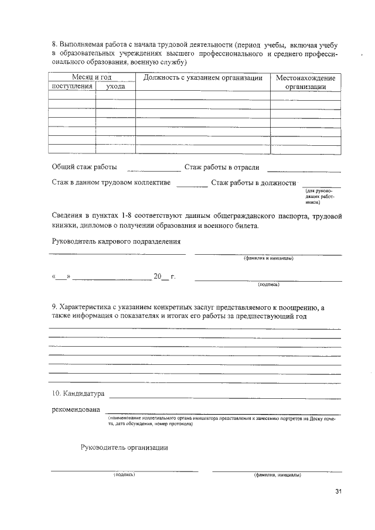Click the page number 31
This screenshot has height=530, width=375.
pyautogui.click(x=337, y=491)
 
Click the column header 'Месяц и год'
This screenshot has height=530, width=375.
pyautogui.click(x=91, y=77)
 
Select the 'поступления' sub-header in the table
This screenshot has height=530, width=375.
pyautogui.click(x=73, y=86)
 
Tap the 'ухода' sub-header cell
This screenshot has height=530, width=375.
pyautogui.click(x=115, y=86)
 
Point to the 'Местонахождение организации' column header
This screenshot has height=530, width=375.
pyautogui.click(x=305, y=82)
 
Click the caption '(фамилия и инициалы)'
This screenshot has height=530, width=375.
pyautogui.click(x=268, y=258)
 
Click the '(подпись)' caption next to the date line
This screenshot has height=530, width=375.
pyautogui.click(x=268, y=285)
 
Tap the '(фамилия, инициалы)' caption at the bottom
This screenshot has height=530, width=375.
pyautogui.click(x=277, y=475)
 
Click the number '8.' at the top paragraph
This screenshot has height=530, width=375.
pyautogui.click(x=55, y=45)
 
